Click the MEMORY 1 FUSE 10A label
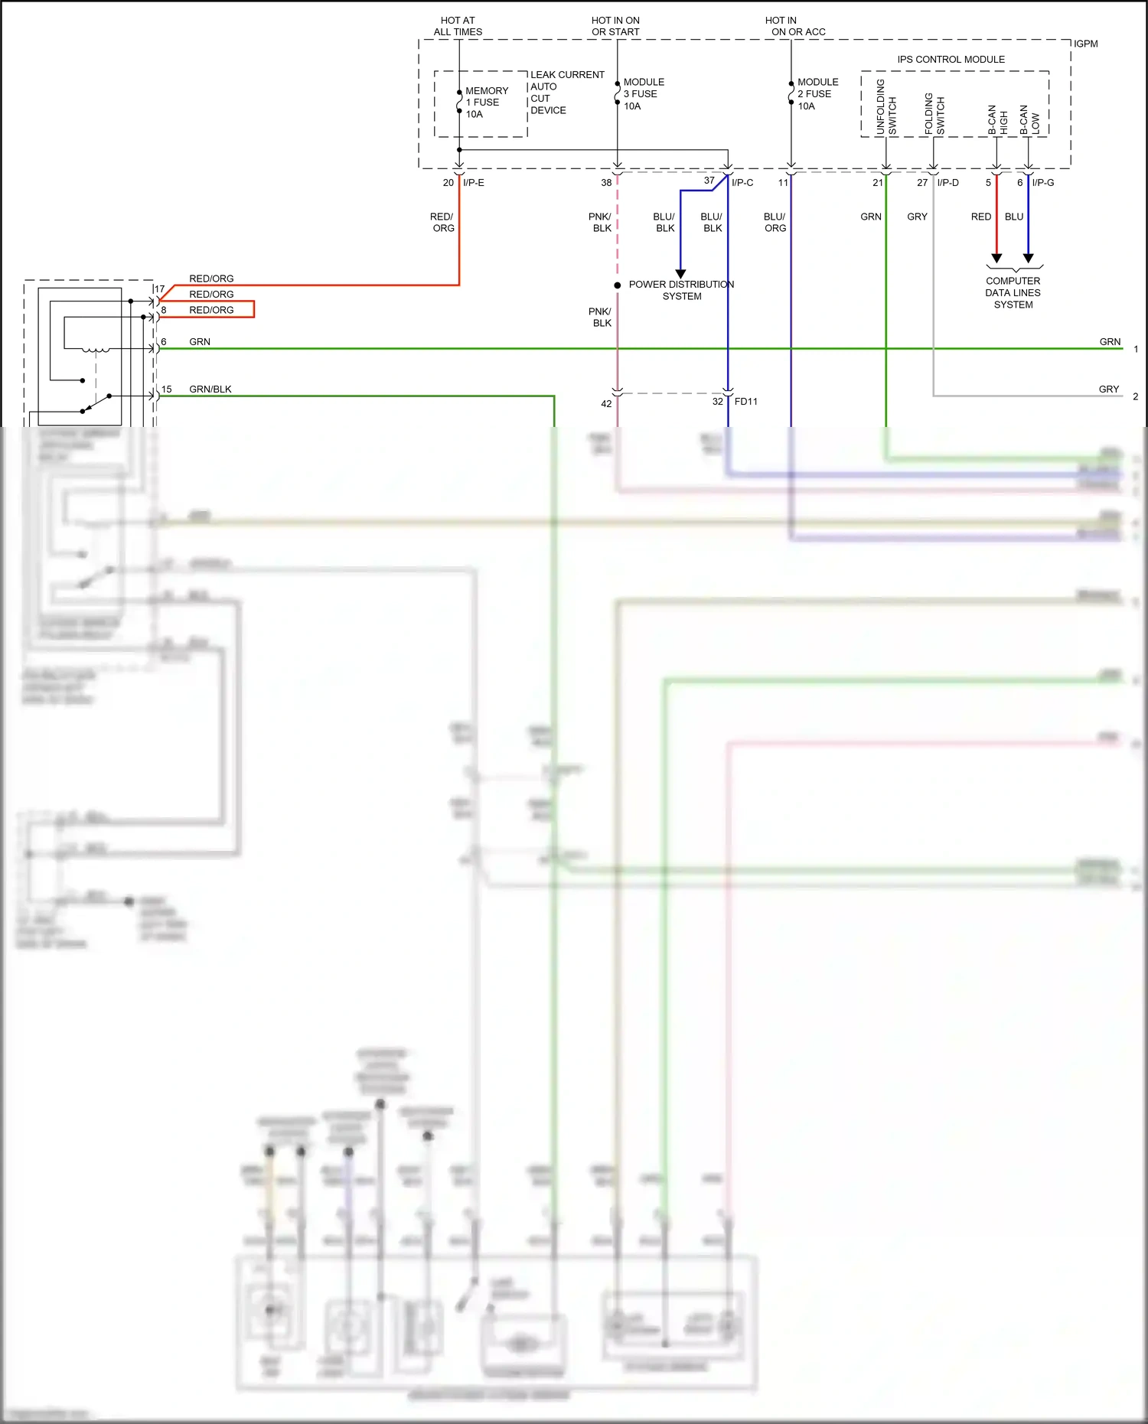(x=486, y=102)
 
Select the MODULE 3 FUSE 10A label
(x=643, y=93)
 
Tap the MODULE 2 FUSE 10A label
(x=817, y=93)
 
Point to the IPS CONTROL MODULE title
(x=951, y=59)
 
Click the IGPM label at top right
(x=1085, y=44)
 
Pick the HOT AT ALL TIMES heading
(x=458, y=26)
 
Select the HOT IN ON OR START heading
(x=615, y=26)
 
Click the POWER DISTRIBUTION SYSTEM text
(x=681, y=290)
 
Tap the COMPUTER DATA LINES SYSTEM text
(x=1013, y=292)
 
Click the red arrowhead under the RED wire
(x=996, y=258)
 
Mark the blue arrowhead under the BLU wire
(x=1029, y=258)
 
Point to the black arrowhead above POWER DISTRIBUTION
(x=680, y=273)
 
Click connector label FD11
(x=745, y=401)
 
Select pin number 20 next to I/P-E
(x=448, y=182)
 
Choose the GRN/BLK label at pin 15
(x=210, y=389)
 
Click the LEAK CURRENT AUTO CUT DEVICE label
(x=566, y=92)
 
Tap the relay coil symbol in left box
(x=95, y=350)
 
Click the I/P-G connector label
(x=1042, y=182)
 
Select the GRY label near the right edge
(x=1108, y=389)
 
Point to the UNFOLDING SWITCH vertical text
(x=885, y=107)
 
